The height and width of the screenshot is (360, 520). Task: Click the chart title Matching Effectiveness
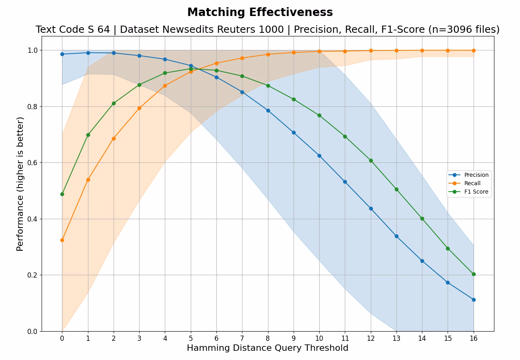click(260, 12)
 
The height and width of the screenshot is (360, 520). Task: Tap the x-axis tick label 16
click(474, 338)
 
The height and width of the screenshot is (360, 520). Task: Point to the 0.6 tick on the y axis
click(33, 163)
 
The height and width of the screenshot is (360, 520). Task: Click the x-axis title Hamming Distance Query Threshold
click(268, 348)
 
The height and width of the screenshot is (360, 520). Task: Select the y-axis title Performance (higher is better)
click(20, 184)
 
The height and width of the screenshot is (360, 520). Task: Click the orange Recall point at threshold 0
click(62, 240)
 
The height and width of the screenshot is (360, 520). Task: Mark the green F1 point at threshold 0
click(62, 194)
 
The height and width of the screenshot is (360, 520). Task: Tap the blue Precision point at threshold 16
click(474, 300)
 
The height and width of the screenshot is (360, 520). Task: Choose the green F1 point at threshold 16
click(474, 274)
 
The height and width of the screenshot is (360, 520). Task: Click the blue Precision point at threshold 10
click(319, 156)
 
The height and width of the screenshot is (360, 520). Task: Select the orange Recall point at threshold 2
click(114, 138)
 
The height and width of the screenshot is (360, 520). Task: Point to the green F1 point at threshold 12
click(371, 160)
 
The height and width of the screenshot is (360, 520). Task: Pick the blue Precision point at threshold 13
click(396, 236)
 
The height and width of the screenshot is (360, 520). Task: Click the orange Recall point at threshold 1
click(88, 180)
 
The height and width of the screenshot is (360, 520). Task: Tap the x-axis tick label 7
click(242, 338)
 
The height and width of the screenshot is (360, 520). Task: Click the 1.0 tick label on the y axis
click(33, 50)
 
